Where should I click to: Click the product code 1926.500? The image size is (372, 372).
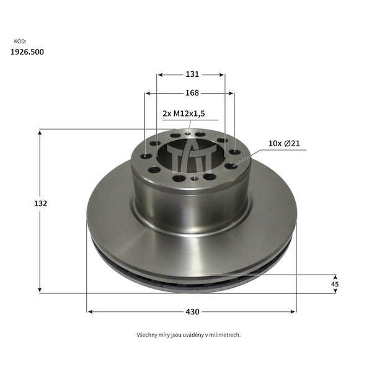27,52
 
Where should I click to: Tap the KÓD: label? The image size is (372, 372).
20,42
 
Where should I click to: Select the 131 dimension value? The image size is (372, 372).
192,74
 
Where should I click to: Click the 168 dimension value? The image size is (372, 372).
192,93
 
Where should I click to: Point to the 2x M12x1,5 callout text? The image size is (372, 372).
184,113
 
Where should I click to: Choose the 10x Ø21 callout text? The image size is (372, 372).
284,143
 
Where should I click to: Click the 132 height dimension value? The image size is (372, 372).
40,203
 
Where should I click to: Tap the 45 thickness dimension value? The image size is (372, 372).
335,284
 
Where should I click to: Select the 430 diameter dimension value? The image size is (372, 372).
192,311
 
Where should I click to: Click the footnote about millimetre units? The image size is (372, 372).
188,335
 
